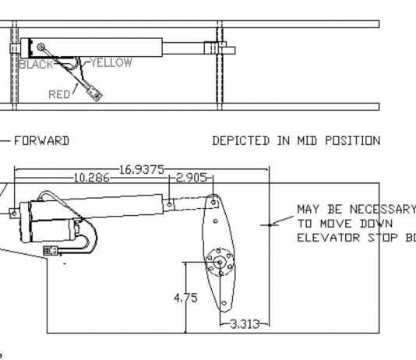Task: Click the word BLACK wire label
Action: (x=37, y=65)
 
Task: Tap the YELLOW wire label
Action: (x=111, y=63)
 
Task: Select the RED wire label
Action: (x=59, y=94)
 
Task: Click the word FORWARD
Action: (x=41, y=141)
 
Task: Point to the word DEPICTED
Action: (x=241, y=141)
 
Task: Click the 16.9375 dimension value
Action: (x=142, y=170)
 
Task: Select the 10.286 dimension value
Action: (x=91, y=178)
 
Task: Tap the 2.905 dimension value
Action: (x=192, y=178)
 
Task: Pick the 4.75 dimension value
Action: (x=185, y=298)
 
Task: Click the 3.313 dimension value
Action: (x=245, y=324)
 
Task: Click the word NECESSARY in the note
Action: (x=383, y=210)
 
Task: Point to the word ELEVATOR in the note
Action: (x=329, y=238)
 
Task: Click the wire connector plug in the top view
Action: (x=95, y=94)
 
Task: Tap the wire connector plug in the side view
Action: (x=51, y=251)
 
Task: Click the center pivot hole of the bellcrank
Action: (x=220, y=263)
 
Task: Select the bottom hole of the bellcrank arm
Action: (x=224, y=303)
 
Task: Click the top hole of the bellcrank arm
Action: (x=213, y=203)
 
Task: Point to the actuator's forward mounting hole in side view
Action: (x=14, y=214)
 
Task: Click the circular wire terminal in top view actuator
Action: (x=41, y=47)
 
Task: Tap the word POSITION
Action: (x=353, y=141)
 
